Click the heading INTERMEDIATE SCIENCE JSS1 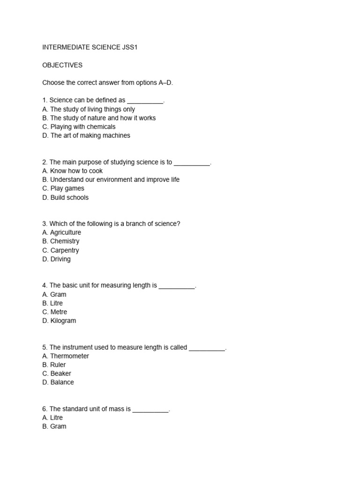(x=93, y=48)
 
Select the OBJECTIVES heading (x=62, y=65)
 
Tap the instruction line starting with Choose (x=108, y=83)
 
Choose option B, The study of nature (x=99, y=118)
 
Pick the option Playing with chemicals (x=79, y=127)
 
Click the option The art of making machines (x=86, y=135)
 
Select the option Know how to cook (x=72, y=171)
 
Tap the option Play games (x=63, y=188)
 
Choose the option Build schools (x=65, y=197)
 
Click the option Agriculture (x=61, y=232)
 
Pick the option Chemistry (x=60, y=241)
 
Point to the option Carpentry (x=60, y=250)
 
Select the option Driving (x=56, y=259)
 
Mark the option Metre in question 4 (x=54, y=312)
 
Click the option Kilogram (x=59, y=321)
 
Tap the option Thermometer (x=66, y=356)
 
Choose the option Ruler (x=54, y=365)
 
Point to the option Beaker (x=57, y=374)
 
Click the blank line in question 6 (x=150, y=410)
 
